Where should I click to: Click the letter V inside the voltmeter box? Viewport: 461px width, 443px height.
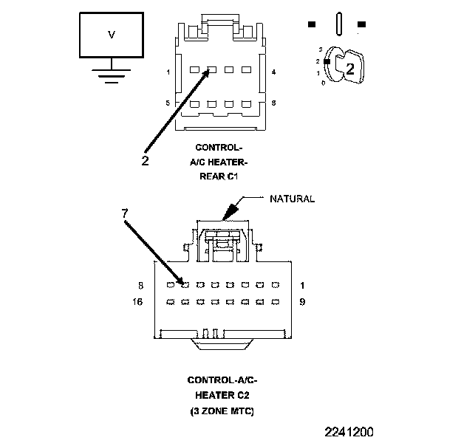[112, 34]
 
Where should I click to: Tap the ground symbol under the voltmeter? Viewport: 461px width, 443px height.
[112, 75]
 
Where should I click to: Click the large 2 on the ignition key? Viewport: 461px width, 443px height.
[350, 69]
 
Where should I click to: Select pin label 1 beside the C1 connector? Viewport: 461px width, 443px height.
[169, 72]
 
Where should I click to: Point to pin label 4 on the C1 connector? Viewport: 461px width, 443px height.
[274, 72]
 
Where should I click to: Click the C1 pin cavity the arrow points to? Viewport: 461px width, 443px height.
[211, 71]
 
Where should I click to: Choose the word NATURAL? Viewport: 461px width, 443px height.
[292, 199]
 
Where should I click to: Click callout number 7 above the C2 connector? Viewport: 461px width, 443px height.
[126, 213]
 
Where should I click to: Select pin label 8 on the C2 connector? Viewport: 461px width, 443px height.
[140, 284]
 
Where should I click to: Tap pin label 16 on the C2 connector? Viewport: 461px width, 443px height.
[138, 301]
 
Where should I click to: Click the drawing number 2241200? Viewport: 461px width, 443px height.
[348, 430]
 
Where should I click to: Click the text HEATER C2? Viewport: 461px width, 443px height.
[222, 395]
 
